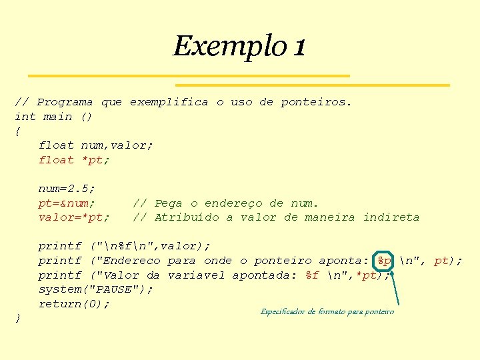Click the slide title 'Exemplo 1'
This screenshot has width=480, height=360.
(x=239, y=46)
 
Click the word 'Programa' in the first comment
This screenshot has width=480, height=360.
(x=65, y=102)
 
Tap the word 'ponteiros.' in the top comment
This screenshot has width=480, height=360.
(x=316, y=102)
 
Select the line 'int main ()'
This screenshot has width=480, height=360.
(x=53, y=117)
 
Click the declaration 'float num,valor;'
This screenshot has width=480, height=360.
(x=95, y=145)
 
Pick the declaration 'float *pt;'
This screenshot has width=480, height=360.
(x=74, y=160)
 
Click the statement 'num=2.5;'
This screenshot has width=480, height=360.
(x=67, y=189)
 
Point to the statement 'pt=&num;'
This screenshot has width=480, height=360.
(x=67, y=203)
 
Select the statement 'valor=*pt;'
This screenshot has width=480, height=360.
(x=74, y=217)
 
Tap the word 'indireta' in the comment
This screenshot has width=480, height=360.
(x=391, y=217)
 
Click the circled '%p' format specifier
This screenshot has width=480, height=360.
(x=385, y=261)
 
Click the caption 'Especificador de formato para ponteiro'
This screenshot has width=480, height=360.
(x=327, y=311)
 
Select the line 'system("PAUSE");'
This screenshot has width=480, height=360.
(x=95, y=289)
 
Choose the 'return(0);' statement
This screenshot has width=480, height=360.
(x=74, y=304)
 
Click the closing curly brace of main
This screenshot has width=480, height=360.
(x=17, y=319)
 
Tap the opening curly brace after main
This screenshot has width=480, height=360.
(x=17, y=131)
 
